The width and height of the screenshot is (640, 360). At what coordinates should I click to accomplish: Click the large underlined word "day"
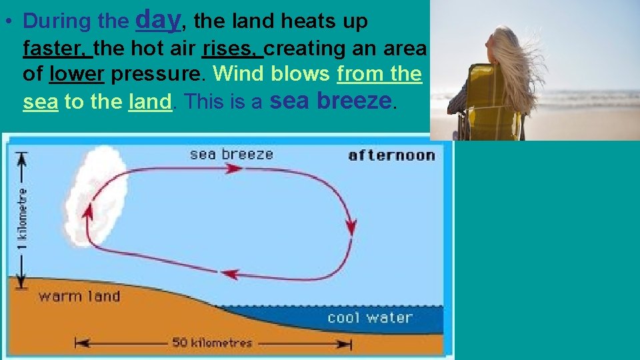pos(158,20)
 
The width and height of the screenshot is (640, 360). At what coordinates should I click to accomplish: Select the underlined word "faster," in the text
pos(57,48)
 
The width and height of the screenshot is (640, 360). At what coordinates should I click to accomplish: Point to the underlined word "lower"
pos(77,74)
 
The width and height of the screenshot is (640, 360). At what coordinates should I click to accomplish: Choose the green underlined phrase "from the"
pos(379,74)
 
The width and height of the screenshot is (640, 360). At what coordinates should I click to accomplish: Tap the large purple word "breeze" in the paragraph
pos(355,101)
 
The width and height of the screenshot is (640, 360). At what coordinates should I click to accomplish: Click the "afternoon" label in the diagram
pos(391,156)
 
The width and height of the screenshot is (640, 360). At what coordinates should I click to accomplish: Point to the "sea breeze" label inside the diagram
pos(231,155)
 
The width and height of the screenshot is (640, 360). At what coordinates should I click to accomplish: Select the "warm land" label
pos(79,296)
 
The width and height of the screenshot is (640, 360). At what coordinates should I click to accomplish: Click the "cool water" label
pos(370,318)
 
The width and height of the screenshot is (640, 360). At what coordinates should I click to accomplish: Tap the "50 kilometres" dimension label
pos(212,343)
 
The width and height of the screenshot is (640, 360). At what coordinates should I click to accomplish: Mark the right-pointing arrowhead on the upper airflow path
pos(233,169)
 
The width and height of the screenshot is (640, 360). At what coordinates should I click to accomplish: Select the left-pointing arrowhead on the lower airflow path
pos(229,273)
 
